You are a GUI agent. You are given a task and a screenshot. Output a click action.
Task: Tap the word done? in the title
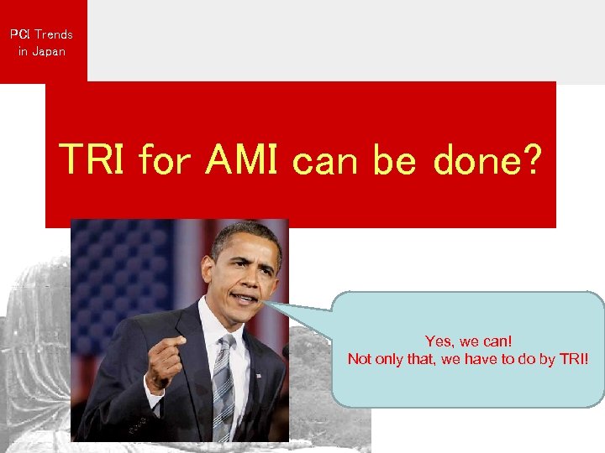pos(487,159)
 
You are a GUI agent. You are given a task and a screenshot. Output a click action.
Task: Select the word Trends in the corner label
pos(54,34)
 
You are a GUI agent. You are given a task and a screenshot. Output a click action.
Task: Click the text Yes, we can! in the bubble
pos(468,341)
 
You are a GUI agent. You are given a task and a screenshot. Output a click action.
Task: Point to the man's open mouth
pos(245,298)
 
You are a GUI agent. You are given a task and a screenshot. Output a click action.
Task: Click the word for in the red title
pos(165,159)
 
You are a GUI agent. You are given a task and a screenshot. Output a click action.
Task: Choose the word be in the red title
pos(394,159)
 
